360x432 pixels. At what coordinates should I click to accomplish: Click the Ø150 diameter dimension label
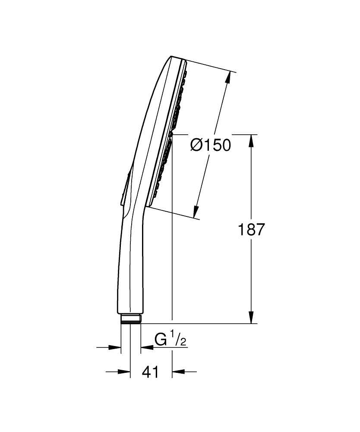(x=211, y=146)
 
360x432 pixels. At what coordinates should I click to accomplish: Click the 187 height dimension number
(x=251, y=229)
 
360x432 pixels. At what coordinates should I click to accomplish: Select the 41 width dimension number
(x=150, y=372)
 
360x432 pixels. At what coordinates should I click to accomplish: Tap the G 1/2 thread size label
(x=170, y=340)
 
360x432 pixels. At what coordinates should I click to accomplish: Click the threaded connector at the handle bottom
(x=131, y=319)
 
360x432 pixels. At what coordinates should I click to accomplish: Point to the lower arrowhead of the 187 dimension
(x=252, y=318)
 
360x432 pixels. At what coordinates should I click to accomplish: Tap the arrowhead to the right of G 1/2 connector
(x=146, y=347)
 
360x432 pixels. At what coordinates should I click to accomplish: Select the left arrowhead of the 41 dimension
(x=126, y=371)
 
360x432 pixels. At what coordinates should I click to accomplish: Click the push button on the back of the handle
(x=125, y=190)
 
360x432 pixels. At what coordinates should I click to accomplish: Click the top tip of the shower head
(x=172, y=57)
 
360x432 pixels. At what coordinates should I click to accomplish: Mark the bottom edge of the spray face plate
(x=148, y=205)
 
